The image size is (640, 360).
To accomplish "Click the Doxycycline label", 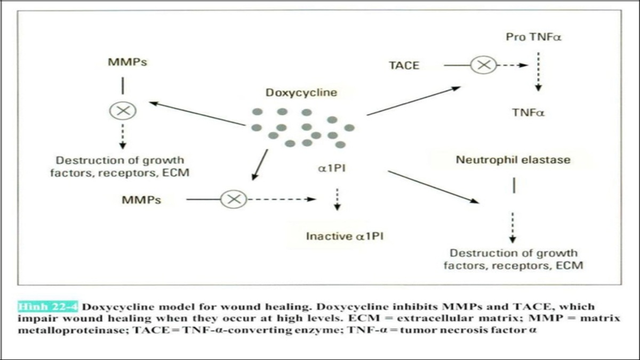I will (x=301, y=92).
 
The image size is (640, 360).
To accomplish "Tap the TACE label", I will (x=404, y=66).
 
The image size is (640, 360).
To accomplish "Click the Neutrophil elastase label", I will (x=513, y=159).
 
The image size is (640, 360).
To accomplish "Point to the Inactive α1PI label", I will (x=345, y=236).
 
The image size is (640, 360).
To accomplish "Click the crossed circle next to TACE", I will (x=483, y=65).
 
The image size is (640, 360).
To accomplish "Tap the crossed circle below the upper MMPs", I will (x=123, y=111).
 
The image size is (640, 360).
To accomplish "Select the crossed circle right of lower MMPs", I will (x=234, y=199).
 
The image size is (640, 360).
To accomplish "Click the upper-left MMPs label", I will (x=127, y=62).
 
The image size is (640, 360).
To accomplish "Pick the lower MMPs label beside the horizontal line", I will (x=141, y=200).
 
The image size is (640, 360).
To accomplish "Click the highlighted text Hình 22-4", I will (x=48, y=307).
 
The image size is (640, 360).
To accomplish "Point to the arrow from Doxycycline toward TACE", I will (x=413, y=101).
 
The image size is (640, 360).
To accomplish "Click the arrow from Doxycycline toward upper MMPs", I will (x=197, y=114).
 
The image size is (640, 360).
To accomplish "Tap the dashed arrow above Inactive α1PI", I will (x=337, y=200).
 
